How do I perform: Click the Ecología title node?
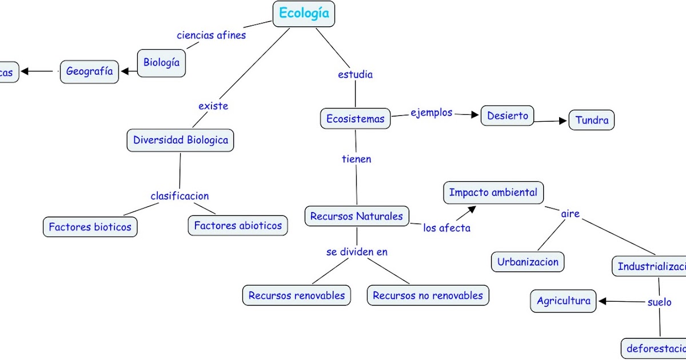point(304,14)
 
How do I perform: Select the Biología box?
point(162,63)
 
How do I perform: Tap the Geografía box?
point(90,72)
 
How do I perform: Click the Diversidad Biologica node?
point(181,140)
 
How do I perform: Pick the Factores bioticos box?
point(90,227)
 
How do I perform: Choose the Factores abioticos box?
point(238,226)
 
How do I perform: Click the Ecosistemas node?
point(356,119)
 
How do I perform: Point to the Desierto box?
point(508,116)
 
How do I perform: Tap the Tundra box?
point(592,121)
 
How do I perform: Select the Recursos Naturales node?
point(357,216)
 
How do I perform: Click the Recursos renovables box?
point(297,295)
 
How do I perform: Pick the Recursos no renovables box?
point(428,295)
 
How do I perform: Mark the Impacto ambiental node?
point(493,193)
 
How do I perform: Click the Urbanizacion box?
point(528,262)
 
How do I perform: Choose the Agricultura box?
point(564,301)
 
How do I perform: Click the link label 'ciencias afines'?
point(212,35)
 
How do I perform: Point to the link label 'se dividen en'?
point(357,251)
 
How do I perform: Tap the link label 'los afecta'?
point(447,228)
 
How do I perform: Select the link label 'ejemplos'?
point(432,113)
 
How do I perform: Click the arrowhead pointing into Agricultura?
point(602,301)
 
